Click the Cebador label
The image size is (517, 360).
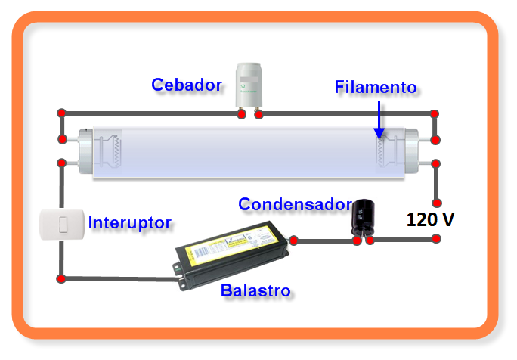point(187,84)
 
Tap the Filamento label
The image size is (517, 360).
point(375,87)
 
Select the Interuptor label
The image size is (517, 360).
point(129,222)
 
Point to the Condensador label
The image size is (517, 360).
point(294,204)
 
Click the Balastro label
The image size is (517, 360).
point(255,290)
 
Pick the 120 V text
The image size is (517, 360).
point(431,220)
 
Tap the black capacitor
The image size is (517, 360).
point(364,217)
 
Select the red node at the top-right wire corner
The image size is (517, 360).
point(435,114)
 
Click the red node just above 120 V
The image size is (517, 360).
point(435,203)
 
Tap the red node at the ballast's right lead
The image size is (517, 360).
point(294,241)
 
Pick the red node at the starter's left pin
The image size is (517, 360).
point(241,114)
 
